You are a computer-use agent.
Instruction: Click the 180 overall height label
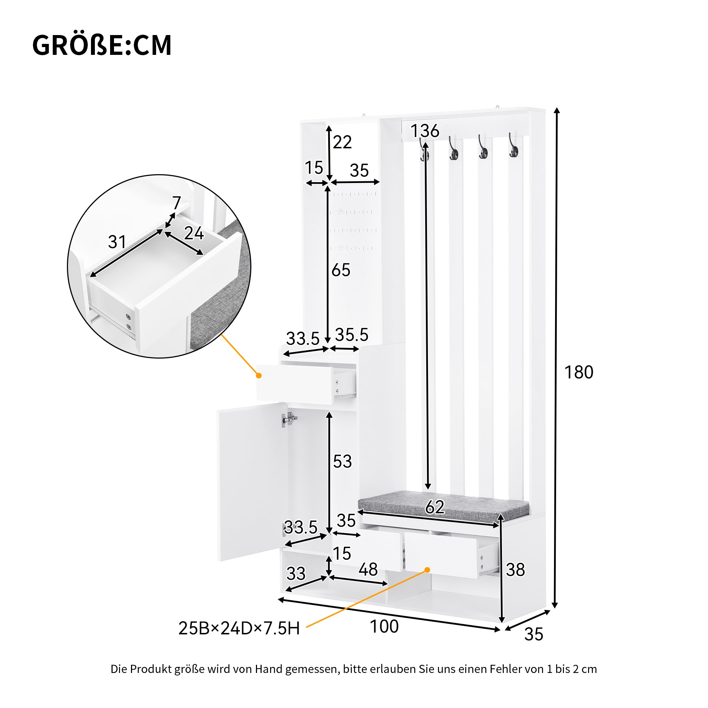coord(579,372)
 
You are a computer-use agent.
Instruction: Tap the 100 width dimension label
coord(384,626)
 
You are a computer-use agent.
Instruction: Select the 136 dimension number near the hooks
coord(425,131)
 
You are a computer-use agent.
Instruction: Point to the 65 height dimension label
coord(341,270)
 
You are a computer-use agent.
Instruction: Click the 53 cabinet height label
coord(342,461)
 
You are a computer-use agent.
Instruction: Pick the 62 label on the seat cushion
coord(435,507)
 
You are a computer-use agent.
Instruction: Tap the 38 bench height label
coord(515,570)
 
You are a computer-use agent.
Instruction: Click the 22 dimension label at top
coord(342,142)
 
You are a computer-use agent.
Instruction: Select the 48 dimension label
coord(368,570)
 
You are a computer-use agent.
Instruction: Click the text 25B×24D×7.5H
coord(239,628)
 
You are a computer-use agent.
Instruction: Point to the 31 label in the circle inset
coord(117,242)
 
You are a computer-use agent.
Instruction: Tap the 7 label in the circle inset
coord(177,202)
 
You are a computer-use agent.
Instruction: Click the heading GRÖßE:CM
coord(102,45)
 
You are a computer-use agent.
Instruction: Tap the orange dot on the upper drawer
coord(259,376)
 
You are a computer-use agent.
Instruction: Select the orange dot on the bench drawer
coord(427,570)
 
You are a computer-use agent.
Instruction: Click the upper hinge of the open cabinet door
coord(289,419)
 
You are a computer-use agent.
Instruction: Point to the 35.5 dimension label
coord(352,335)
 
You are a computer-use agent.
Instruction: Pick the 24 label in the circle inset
coord(194,233)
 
